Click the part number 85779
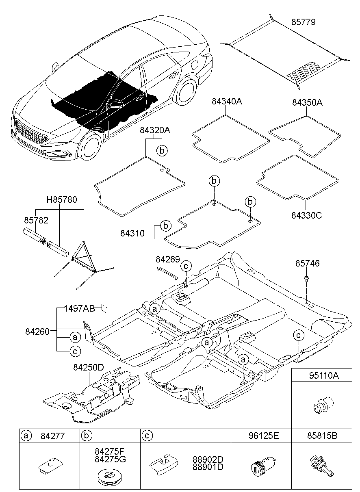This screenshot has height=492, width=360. (304, 22)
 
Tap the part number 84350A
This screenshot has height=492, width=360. (307, 102)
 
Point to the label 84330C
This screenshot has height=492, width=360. (307, 215)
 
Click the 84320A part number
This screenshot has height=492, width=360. (155, 130)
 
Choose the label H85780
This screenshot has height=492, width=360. (62, 199)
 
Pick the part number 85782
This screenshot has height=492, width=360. (36, 220)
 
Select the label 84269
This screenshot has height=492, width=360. (168, 260)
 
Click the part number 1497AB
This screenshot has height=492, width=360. (79, 309)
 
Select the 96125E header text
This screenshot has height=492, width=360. (264, 436)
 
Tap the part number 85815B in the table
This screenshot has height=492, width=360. (322, 436)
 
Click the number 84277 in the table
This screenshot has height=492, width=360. (53, 436)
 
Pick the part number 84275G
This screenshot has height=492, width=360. (110, 459)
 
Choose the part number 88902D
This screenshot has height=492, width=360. (208, 459)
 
